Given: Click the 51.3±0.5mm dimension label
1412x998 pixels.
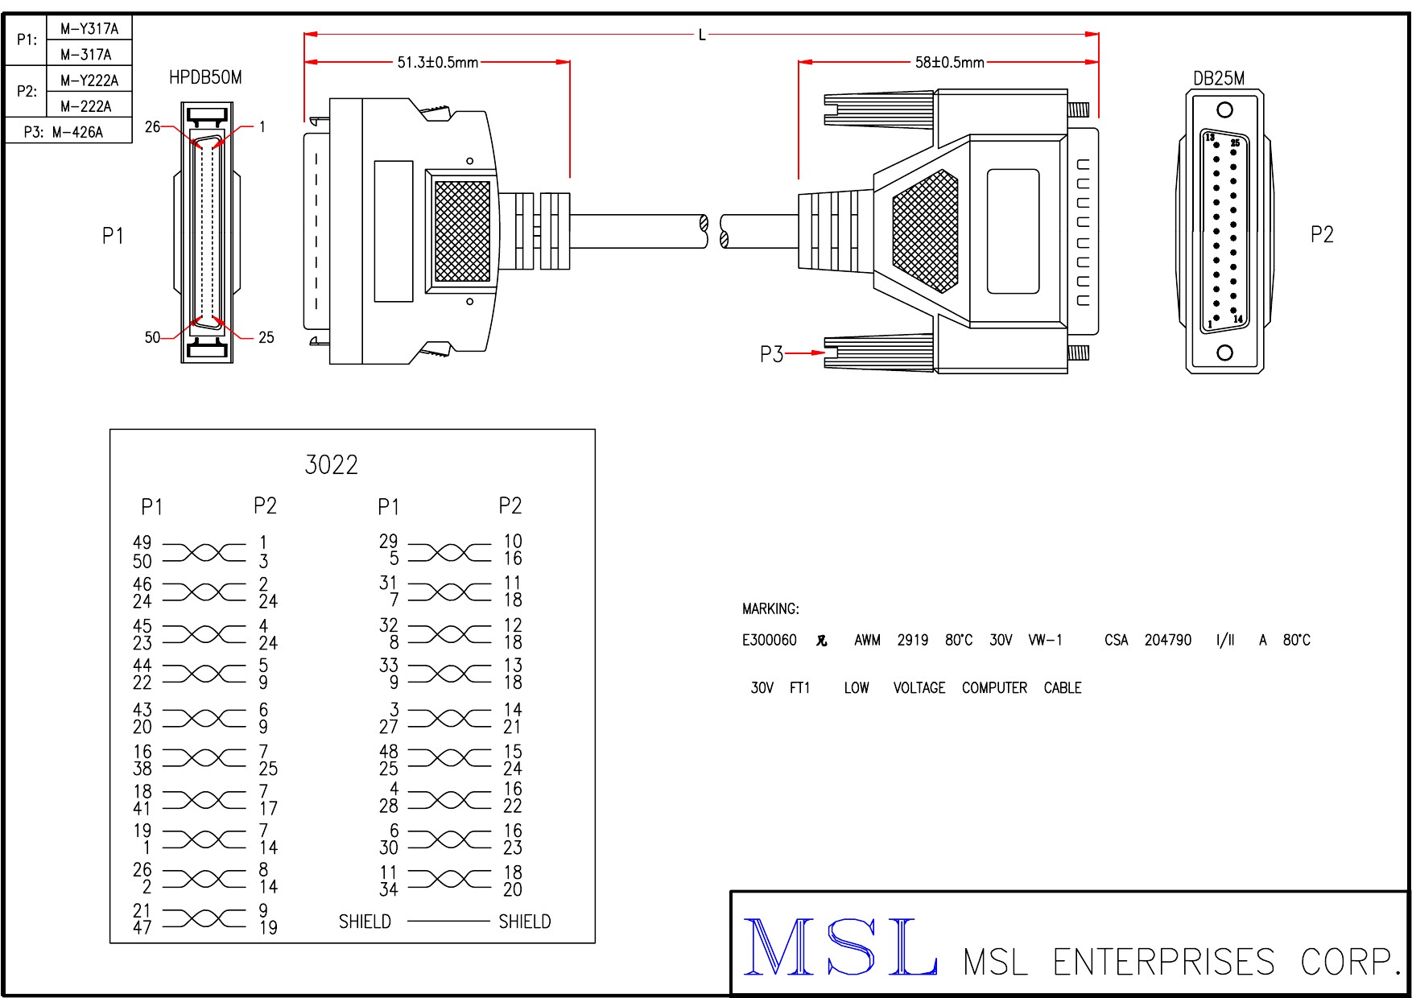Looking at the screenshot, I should coord(437,62).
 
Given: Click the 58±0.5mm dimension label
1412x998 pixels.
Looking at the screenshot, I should coord(949,62).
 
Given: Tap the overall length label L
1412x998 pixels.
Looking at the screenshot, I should coord(702,35).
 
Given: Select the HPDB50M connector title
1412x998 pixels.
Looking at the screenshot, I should coord(205,77).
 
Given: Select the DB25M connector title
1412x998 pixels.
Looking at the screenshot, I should coord(1219,78).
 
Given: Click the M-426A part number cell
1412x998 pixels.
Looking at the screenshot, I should coord(77,132).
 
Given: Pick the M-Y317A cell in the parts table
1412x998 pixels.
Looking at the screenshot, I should coord(89,29).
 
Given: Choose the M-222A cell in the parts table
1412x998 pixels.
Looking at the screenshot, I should coord(86,106).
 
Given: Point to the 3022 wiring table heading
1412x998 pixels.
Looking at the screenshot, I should coord(331,465).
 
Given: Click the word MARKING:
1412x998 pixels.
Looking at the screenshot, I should coord(770,609).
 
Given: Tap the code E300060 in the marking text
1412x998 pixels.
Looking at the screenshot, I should coord(769,641).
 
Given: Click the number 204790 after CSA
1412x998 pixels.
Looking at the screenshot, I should coord(1167,641).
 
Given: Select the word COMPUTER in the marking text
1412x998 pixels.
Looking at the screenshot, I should coord(994,688).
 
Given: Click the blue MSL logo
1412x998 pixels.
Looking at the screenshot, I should coord(840,947).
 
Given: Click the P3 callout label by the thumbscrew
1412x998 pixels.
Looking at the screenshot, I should coord(771,354).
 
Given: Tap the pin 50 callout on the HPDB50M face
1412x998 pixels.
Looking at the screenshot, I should coord(152,337).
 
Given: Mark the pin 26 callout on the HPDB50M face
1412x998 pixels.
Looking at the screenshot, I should coord(152,126).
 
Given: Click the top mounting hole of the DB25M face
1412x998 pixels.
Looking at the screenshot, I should coord(1224,110).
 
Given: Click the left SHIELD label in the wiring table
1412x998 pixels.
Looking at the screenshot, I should coord(365,922).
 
